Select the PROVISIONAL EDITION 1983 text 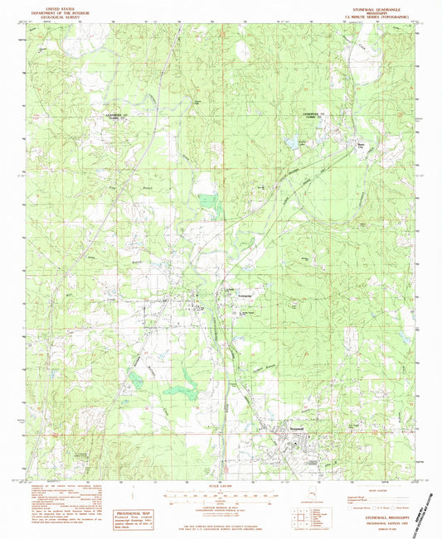pyautogui.click(x=381, y=522)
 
